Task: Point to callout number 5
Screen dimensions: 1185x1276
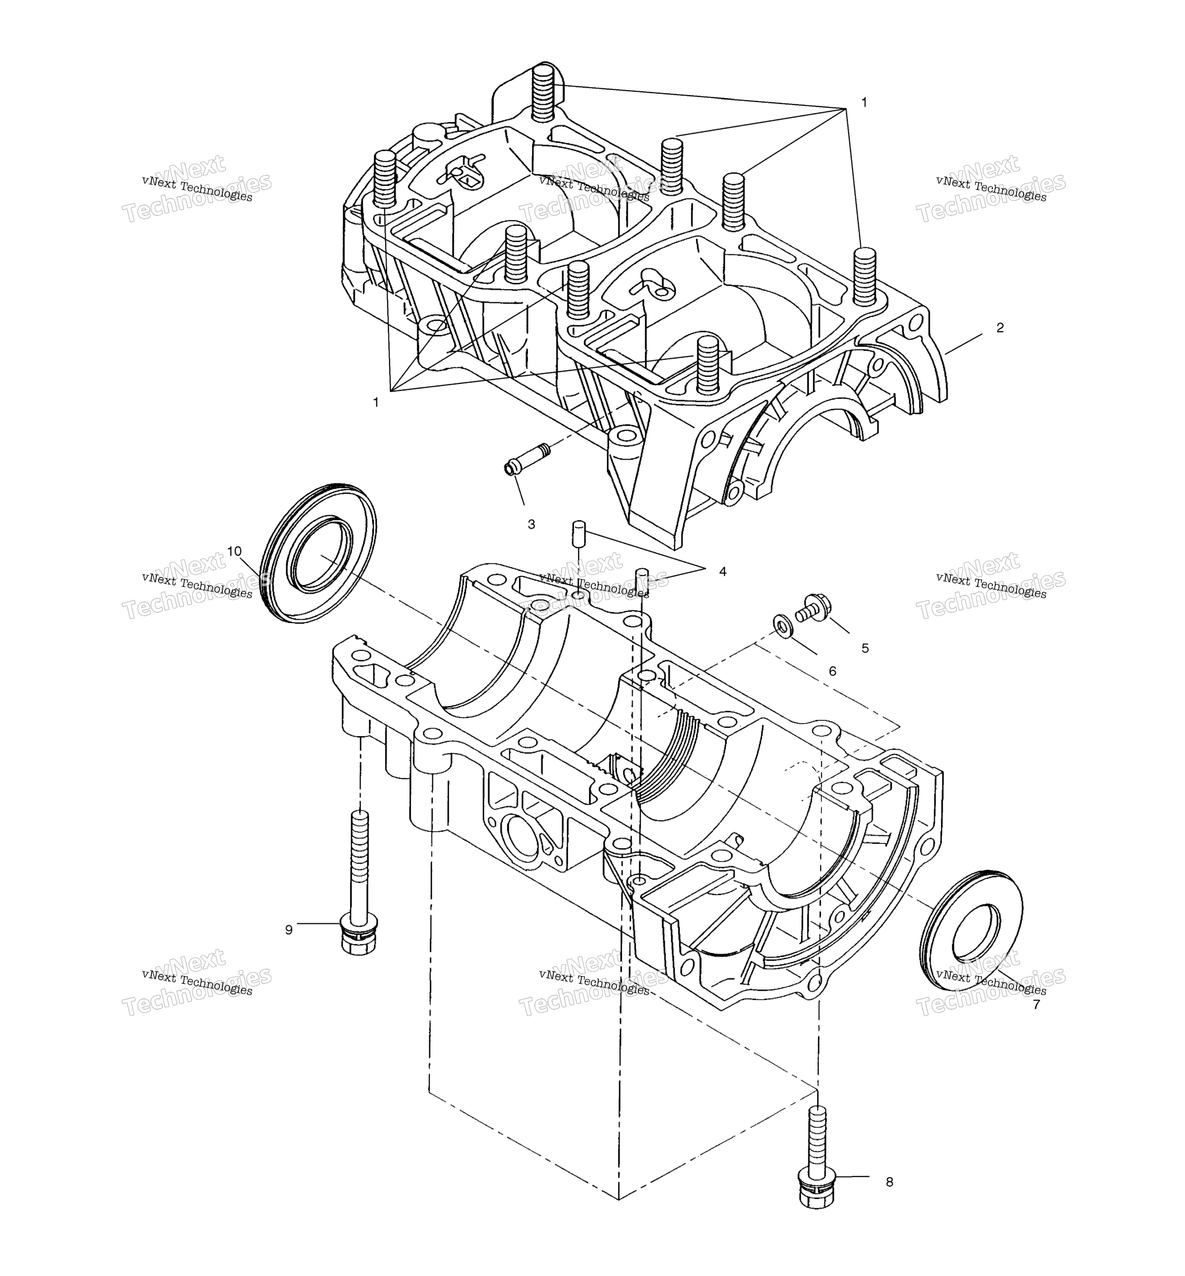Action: [865, 648]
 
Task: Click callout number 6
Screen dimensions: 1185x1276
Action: [832, 671]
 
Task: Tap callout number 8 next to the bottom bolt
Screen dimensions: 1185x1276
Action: [890, 1182]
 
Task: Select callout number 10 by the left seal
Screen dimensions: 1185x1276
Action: [234, 552]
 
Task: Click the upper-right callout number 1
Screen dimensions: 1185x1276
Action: [864, 102]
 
